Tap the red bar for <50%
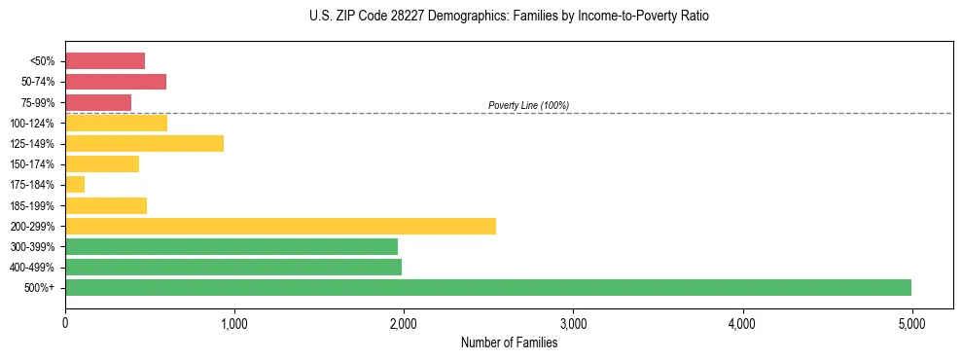[x=105, y=61]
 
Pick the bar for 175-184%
[x=75, y=185]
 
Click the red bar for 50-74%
[x=116, y=82]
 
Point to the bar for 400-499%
[x=233, y=267]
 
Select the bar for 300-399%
[x=232, y=246]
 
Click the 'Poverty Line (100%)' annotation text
[x=528, y=105]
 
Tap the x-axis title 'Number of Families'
[x=509, y=342]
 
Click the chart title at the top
[x=509, y=17]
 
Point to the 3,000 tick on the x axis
[x=573, y=323]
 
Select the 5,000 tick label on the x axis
[x=911, y=323]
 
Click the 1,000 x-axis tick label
[x=234, y=323]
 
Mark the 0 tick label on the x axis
[x=65, y=323]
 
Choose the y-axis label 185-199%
[x=34, y=205]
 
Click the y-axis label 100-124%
[x=34, y=123]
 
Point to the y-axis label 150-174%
[x=34, y=164]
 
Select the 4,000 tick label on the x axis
[x=742, y=323]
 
